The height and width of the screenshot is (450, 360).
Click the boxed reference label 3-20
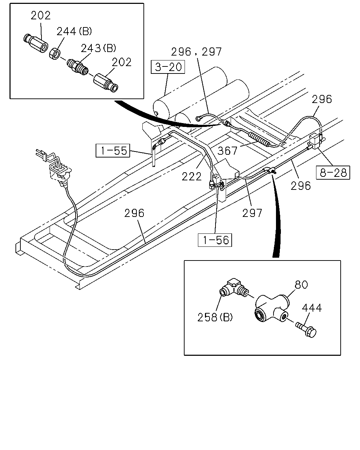point(168,67)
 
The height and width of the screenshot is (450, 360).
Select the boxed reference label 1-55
point(113,150)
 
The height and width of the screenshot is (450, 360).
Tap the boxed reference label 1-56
point(215,240)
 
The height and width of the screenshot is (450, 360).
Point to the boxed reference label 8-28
point(333,173)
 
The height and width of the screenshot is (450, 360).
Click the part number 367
point(227,151)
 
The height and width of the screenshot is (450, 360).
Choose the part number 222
point(192,176)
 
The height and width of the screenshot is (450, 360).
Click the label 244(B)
point(74,32)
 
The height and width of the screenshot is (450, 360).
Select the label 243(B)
point(98,48)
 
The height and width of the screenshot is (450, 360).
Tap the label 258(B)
point(215,317)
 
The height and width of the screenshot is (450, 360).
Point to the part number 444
point(312,308)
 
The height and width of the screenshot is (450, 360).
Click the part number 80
point(301,285)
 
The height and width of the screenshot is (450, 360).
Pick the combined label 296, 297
point(196,52)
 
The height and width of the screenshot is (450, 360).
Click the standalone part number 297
point(252,213)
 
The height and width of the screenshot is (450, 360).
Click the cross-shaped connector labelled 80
point(272,308)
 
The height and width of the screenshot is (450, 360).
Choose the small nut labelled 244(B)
point(54,54)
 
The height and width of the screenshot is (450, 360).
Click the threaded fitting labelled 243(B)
point(78,66)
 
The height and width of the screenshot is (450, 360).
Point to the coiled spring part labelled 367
point(258,139)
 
